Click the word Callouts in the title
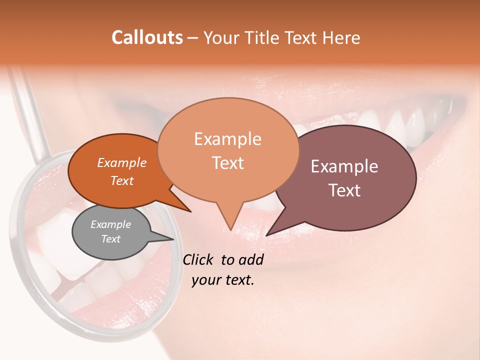point(147,37)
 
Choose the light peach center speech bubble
point(227,150)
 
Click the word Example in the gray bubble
point(111,224)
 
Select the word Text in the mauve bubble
point(345,190)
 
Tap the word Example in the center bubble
point(227,139)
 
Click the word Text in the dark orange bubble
point(122,181)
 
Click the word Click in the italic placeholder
point(198,259)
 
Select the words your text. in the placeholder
point(223,280)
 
